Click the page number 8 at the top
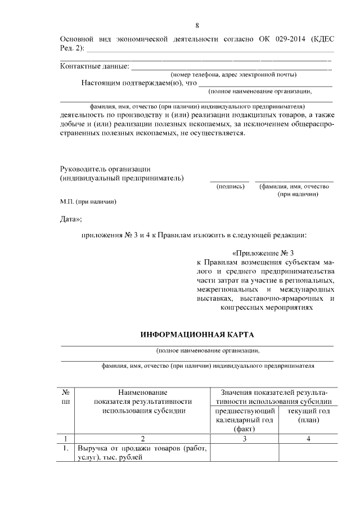[x=197, y=25]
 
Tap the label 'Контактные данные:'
[x=94, y=66]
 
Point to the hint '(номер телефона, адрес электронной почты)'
[x=234, y=75]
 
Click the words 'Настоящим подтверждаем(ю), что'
[x=139, y=83]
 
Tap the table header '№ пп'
[x=66, y=397]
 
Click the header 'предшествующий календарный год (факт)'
[x=245, y=420]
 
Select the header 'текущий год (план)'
[x=308, y=416]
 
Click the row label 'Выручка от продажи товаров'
[x=142, y=449]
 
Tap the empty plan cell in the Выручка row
[x=308, y=453]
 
